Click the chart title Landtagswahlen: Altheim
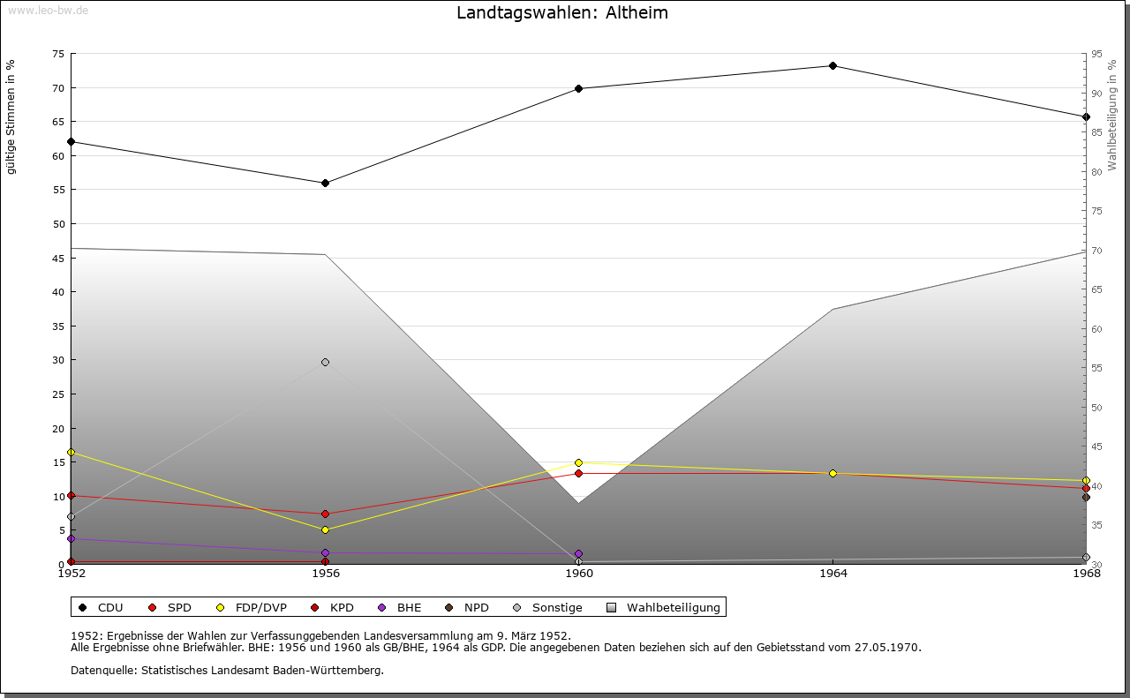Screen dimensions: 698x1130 coord(562,12)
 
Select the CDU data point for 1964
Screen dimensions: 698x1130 coord(832,65)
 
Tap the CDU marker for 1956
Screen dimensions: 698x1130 coord(325,183)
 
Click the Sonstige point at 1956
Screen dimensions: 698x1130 coord(325,362)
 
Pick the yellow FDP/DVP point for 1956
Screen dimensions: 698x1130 coord(325,529)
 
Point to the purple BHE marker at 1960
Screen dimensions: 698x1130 coord(578,554)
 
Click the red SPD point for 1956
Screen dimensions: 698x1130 coord(325,514)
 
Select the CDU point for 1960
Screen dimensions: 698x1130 coord(578,88)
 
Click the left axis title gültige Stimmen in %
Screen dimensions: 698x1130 coord(11,116)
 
